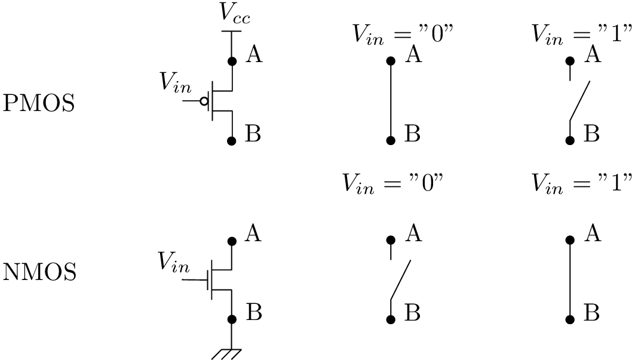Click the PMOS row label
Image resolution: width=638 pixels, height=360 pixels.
click(39, 104)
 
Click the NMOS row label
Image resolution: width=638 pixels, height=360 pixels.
click(40, 273)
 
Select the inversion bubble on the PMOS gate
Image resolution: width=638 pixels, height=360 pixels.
click(204, 101)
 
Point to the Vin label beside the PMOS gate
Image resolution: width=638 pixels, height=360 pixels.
click(176, 84)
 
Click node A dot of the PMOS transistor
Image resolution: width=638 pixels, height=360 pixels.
click(232, 61)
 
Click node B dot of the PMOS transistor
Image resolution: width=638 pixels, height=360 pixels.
click(232, 140)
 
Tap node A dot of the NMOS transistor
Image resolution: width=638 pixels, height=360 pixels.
click(232, 241)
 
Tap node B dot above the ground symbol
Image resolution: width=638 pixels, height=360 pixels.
click(232, 319)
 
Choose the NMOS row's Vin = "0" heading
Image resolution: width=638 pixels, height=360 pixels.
click(392, 183)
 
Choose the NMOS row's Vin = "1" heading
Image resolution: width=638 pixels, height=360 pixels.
click(581, 183)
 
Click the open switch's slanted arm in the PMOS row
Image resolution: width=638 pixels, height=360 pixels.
click(580, 101)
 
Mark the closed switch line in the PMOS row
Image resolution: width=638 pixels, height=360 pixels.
click(391, 100)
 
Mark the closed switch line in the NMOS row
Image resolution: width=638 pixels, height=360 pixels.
click(570, 279)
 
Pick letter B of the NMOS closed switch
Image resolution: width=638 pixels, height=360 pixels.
click(591, 313)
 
